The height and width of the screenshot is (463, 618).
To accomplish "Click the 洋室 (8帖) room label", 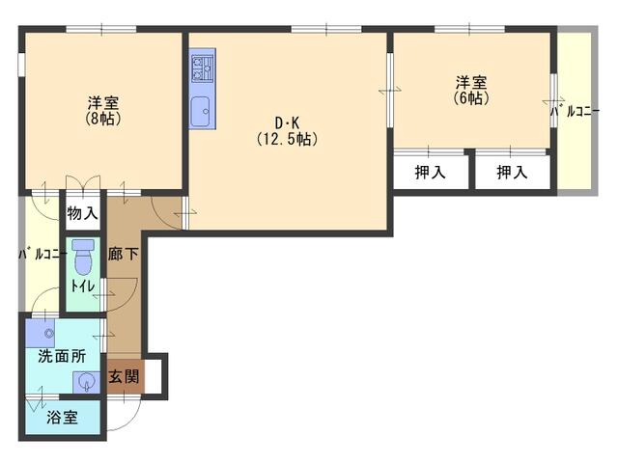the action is pyautogui.click(x=103, y=111).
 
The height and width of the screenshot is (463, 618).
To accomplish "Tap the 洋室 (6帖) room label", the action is pyautogui.click(x=471, y=90).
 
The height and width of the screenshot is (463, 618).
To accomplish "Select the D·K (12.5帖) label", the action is pyautogui.click(x=288, y=132).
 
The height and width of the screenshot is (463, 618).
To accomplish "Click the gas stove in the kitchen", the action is pyautogui.click(x=202, y=68).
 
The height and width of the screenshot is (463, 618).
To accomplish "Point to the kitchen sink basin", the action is pyautogui.click(x=202, y=112).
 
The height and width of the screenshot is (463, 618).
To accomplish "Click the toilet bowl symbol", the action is pyautogui.click(x=83, y=258).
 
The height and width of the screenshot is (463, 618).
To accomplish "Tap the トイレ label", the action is pyautogui.click(x=83, y=286).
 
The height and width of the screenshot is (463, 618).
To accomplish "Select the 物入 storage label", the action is pyautogui.click(x=82, y=214).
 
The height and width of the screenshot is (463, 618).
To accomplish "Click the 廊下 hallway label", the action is pyautogui.click(x=124, y=254).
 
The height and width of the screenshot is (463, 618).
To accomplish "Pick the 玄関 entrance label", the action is pyautogui.click(x=125, y=377).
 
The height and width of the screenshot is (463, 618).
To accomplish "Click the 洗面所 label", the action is pyautogui.click(x=62, y=356).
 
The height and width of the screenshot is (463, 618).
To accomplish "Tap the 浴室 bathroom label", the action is pyautogui.click(x=62, y=418).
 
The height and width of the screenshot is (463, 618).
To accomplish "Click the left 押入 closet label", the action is pyautogui.click(x=430, y=172).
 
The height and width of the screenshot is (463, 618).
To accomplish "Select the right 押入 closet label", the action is pyautogui.click(x=512, y=172).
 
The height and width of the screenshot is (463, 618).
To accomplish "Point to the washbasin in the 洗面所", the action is pyautogui.click(x=86, y=382).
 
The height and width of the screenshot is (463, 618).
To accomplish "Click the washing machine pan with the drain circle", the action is pyautogui.click(x=41, y=333).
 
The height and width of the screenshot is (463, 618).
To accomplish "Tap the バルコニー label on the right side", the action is pyautogui.click(x=576, y=112).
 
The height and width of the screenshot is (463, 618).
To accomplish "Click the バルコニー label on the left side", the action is pyautogui.click(x=42, y=254).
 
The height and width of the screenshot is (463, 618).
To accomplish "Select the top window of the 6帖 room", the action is pyautogui.click(x=469, y=29).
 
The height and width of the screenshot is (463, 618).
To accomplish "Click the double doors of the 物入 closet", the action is pyautogui.click(x=83, y=184).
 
